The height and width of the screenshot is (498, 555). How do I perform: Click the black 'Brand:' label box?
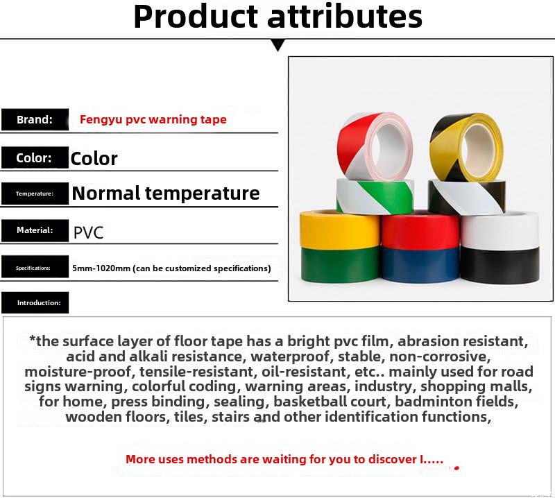pyautogui.click(x=35, y=119)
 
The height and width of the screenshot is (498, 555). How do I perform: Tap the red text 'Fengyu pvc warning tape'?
pyautogui.click(x=153, y=119)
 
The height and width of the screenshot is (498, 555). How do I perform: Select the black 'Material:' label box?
pyautogui.click(x=35, y=230)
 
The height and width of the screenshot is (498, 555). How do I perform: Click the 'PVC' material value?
pyautogui.click(x=89, y=232)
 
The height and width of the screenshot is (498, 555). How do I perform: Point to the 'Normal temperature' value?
pyautogui.click(x=166, y=194)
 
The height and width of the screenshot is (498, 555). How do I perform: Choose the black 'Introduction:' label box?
pyautogui.click(x=35, y=302)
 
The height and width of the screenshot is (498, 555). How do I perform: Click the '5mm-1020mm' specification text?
pyautogui.click(x=101, y=268)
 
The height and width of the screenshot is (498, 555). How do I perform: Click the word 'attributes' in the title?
pyautogui.click(x=345, y=16)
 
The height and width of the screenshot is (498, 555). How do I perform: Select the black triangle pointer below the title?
pyautogui.click(x=278, y=45)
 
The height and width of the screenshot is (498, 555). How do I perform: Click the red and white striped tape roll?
pyautogui.click(x=375, y=146)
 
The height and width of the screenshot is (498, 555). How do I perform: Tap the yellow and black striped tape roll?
pyautogui.click(x=466, y=147)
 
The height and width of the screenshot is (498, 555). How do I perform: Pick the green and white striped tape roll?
pyautogui.click(x=375, y=196)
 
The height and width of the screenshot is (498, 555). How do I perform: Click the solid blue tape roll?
pyautogui.click(x=421, y=265)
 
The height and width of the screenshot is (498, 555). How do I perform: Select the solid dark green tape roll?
pyautogui.click(x=340, y=264)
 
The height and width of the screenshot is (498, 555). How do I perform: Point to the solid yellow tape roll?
pyautogui.click(x=340, y=230)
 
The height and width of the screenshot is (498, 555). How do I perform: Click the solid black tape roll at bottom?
pyautogui.click(x=500, y=266)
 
